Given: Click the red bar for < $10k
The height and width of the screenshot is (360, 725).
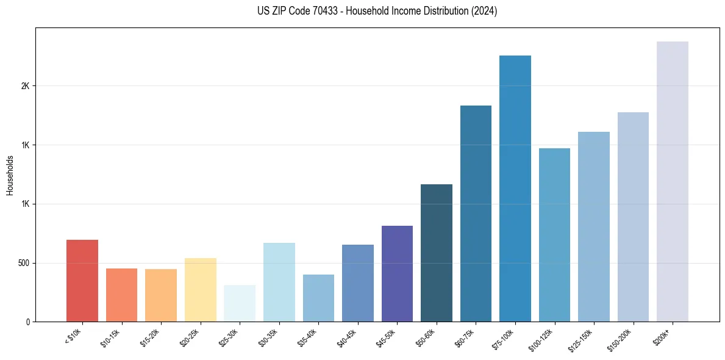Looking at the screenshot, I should pos(82,281).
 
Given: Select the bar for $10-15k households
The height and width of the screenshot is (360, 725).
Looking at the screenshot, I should pos(121,295).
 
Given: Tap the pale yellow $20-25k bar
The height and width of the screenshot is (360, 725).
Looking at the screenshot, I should pos(200,290).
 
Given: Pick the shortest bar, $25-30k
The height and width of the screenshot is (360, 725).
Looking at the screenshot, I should pos(240,303).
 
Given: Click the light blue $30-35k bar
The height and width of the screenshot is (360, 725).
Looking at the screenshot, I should pos(279,282).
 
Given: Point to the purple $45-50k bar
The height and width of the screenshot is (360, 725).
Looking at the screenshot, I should pos(397,273).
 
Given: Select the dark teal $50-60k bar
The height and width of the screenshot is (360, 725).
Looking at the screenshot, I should pos(437,253).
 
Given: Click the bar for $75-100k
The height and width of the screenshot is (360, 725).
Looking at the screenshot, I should pos(515,189).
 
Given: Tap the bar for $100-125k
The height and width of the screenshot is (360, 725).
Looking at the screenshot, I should pos(554,235).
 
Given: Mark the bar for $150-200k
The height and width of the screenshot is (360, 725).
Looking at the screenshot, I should pos(633,217).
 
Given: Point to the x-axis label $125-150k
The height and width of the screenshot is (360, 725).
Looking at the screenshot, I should pos(582,339).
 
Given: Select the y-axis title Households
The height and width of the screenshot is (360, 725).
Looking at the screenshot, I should pos(10,175).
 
